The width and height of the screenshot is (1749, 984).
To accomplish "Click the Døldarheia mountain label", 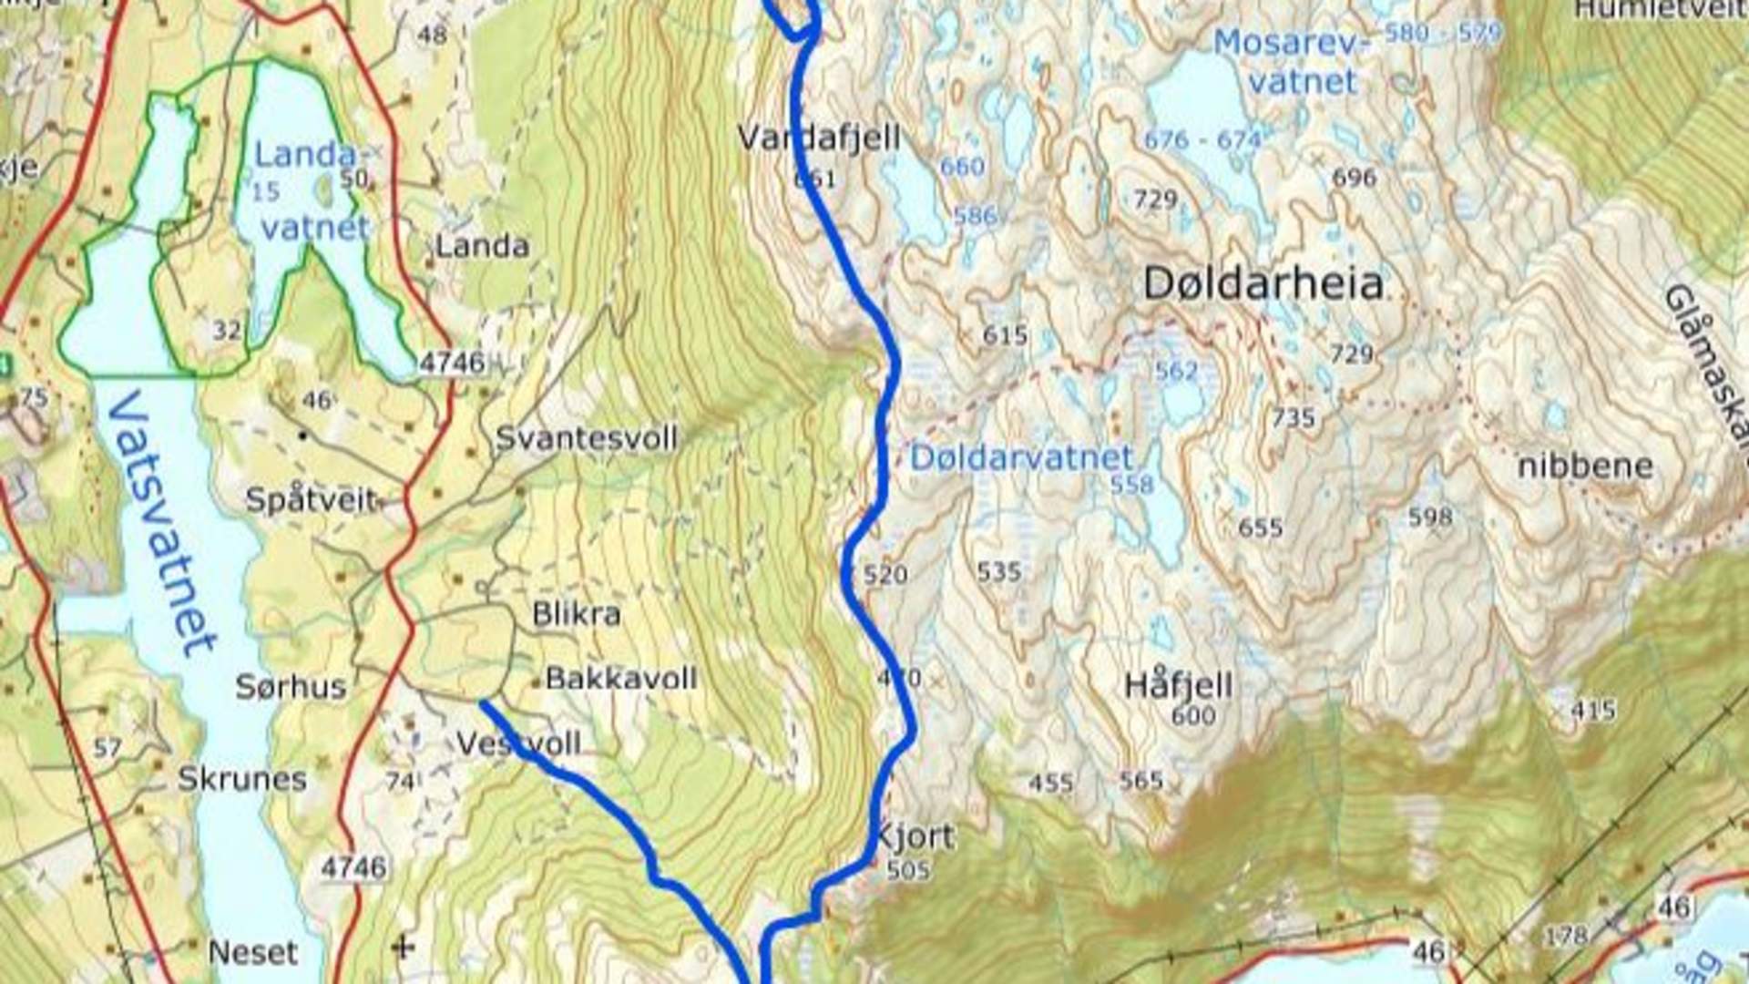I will click(1263, 285).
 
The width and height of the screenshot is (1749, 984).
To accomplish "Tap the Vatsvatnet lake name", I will click(161, 524).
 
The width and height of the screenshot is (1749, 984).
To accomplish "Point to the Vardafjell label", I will click(818, 138).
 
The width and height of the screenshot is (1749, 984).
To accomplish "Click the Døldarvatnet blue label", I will click(1021, 457).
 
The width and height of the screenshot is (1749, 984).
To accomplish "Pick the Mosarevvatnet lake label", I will click(1292, 62).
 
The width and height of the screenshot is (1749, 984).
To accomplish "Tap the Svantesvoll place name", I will click(587, 438).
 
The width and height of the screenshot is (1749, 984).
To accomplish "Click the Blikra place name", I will click(576, 614).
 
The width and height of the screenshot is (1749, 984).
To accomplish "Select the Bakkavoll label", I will click(620, 679).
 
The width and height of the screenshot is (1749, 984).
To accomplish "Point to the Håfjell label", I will click(1179, 684).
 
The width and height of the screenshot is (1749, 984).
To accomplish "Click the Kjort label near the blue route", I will click(914, 836).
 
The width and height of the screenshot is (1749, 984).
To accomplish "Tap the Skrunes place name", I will click(241, 779).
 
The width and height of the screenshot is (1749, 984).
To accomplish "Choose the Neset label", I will click(252, 953).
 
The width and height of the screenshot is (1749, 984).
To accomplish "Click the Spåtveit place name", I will click(311, 500).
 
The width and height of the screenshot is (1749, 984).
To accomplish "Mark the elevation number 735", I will click(1293, 418).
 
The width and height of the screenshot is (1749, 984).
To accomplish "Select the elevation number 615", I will click(1004, 335).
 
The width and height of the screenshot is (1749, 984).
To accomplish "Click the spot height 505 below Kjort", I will click(907, 870).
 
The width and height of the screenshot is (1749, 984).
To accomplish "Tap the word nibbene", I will click(1584, 466).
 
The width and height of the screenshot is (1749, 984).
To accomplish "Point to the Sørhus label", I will click(291, 687).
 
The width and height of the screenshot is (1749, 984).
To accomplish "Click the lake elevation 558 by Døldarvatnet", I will click(1131, 485).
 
